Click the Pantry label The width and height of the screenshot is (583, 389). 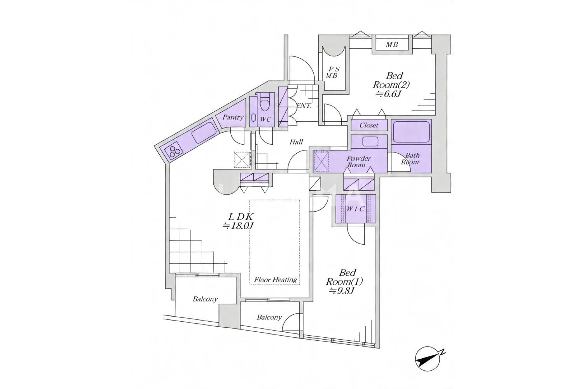tap(233, 117)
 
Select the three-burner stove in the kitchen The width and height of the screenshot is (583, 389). tap(175, 151)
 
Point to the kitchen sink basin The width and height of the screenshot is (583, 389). tap(204, 133)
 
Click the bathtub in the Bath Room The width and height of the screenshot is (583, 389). tap(411, 132)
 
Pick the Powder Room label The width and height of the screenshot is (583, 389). tap(358, 161)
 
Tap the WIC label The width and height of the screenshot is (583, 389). tap(355, 209)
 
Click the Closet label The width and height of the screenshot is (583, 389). tap(369, 125)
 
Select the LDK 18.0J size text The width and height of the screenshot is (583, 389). tap(238, 221)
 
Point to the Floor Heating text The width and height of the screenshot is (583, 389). tap(276, 280)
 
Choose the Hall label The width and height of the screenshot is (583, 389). tap(296, 142)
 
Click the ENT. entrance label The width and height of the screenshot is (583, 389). tap(304, 105)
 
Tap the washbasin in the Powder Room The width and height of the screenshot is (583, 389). tap(370, 142)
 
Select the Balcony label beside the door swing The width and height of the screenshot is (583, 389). tap(269, 317)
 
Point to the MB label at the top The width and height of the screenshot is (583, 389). tap(392, 45)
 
